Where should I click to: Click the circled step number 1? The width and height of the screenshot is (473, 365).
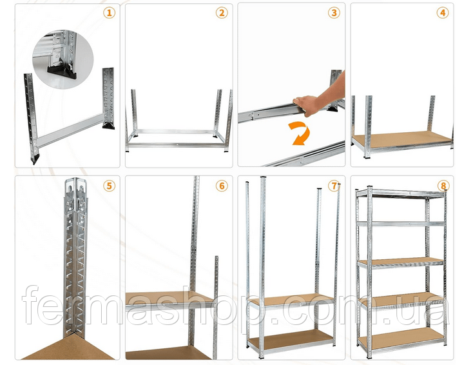109,13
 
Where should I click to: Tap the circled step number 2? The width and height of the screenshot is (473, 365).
222,13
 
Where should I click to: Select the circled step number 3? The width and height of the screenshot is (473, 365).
334,13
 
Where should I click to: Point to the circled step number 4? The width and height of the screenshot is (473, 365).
443,13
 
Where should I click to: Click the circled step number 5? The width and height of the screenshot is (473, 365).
109,186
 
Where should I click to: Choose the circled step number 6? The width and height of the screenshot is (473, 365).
222,186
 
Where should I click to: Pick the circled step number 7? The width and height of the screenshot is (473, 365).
334,186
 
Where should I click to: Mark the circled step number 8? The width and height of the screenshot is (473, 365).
443,186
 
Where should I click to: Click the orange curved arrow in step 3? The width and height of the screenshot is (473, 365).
300,133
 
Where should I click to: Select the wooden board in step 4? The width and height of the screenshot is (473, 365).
403,139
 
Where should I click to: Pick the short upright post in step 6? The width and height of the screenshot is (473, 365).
216,308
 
